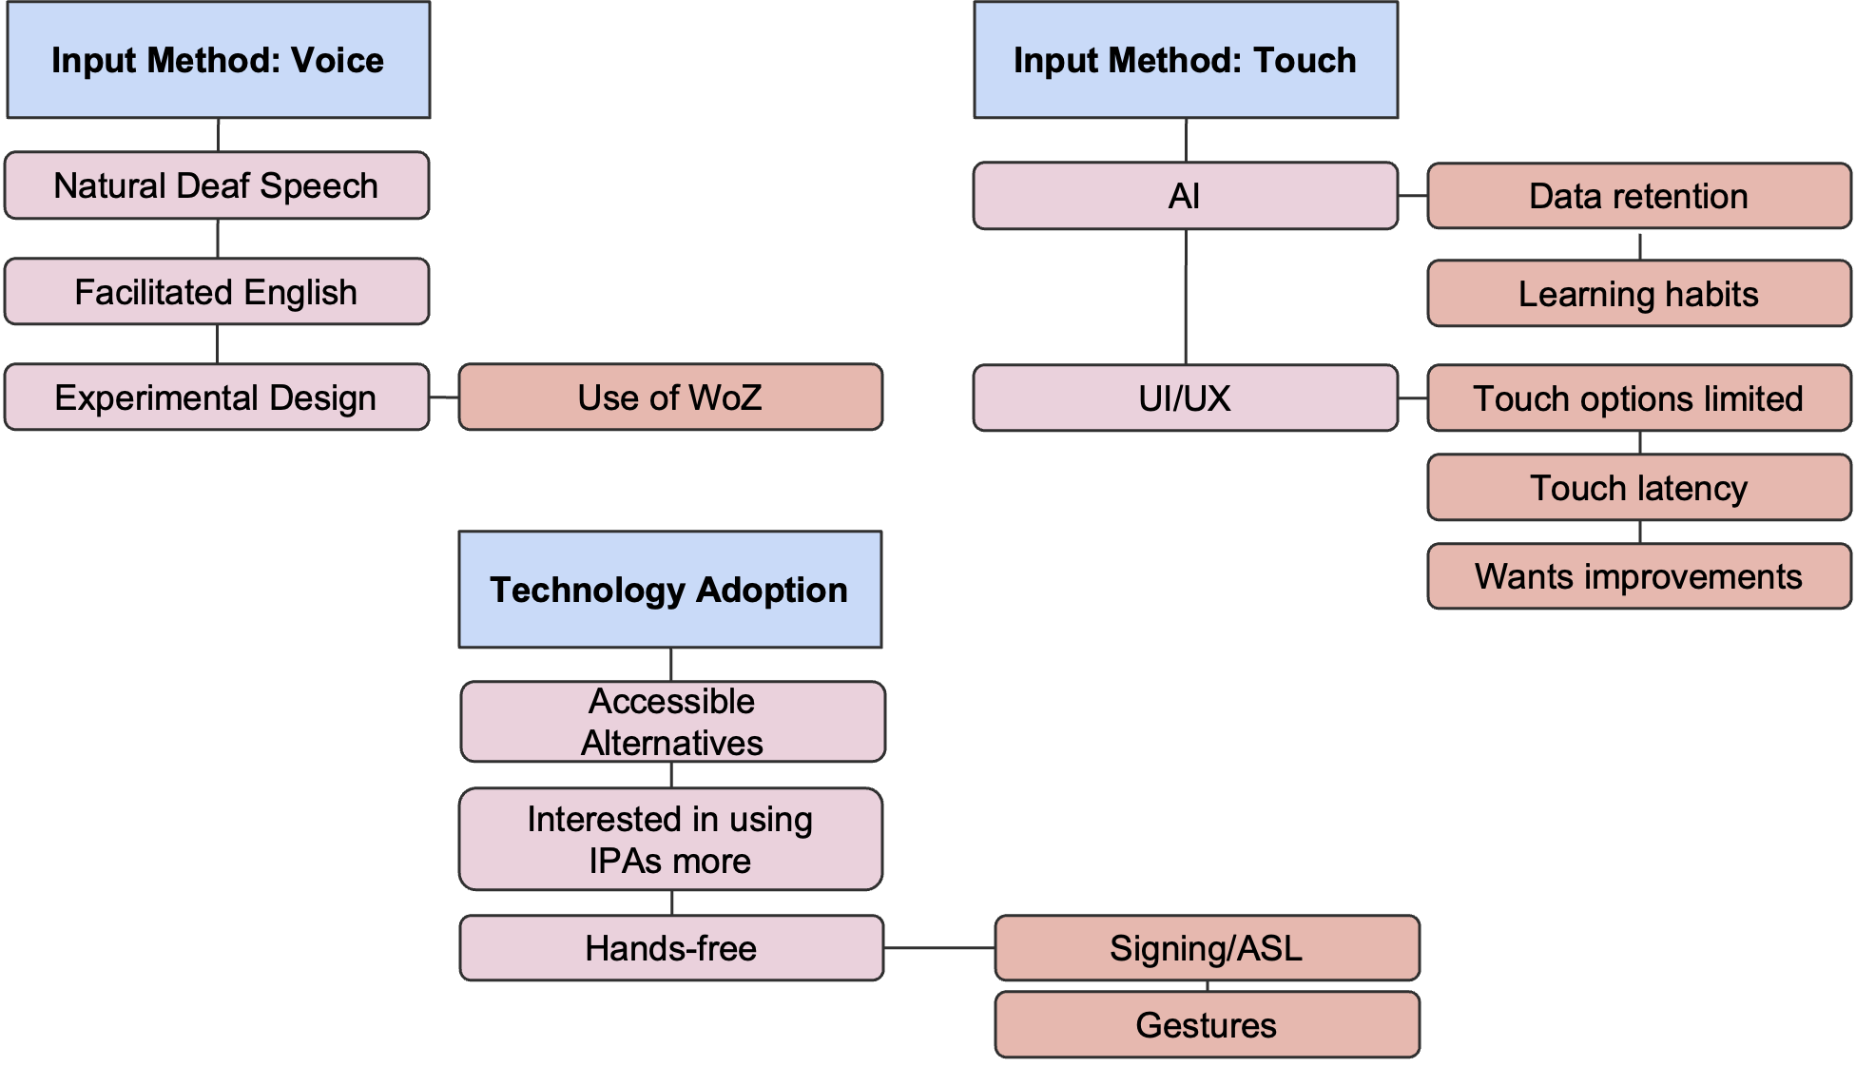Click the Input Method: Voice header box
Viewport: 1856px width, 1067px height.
click(218, 60)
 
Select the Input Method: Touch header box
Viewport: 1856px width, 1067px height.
click(1185, 60)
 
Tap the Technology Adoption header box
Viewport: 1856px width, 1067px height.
click(669, 590)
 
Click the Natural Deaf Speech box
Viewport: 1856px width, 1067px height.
click(217, 185)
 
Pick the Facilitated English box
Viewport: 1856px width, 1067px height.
click(217, 292)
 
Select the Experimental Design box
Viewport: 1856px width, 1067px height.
click(217, 398)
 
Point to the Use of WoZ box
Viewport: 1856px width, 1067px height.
click(670, 398)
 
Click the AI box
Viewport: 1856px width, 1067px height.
click(1185, 196)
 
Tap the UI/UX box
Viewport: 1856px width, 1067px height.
click(1185, 398)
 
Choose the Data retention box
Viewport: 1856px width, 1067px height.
click(1638, 196)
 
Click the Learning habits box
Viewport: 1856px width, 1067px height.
click(1638, 294)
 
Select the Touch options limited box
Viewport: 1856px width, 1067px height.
click(1638, 398)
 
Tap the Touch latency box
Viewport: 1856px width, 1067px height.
click(1638, 488)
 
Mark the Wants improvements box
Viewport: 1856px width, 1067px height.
click(1638, 576)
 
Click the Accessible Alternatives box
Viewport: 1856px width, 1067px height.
click(672, 722)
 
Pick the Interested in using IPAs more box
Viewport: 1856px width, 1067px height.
click(670, 840)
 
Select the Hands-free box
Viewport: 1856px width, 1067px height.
click(671, 948)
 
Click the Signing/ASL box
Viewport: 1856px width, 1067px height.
click(1207, 948)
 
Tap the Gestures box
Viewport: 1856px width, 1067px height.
click(1207, 1025)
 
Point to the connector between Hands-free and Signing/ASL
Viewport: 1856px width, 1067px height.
click(939, 948)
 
